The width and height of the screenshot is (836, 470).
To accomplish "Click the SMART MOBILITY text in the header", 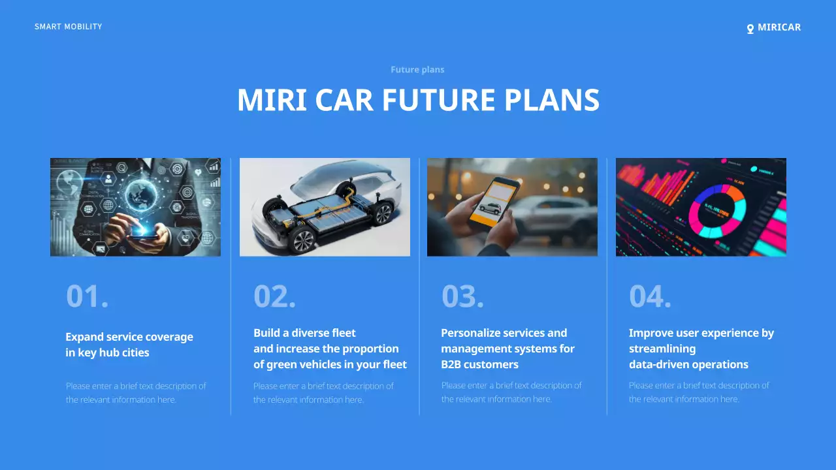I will [68, 27].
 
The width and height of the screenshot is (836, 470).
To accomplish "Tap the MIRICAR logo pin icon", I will [750, 29].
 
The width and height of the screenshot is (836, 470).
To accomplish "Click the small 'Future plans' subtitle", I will [417, 70].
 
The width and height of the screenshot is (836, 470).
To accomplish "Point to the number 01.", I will [87, 296].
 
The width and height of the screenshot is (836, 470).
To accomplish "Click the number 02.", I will [274, 296].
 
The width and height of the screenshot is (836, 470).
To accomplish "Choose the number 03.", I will [462, 296].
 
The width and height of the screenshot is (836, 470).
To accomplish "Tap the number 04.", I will [650, 296].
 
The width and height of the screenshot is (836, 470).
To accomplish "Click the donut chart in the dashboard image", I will [717, 210].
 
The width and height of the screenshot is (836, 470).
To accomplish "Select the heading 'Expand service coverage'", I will [129, 337].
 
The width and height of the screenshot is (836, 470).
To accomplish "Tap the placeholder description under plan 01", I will [136, 392].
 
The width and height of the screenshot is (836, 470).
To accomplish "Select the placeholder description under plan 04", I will [699, 392].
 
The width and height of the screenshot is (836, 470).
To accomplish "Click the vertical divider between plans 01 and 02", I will [231, 287].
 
